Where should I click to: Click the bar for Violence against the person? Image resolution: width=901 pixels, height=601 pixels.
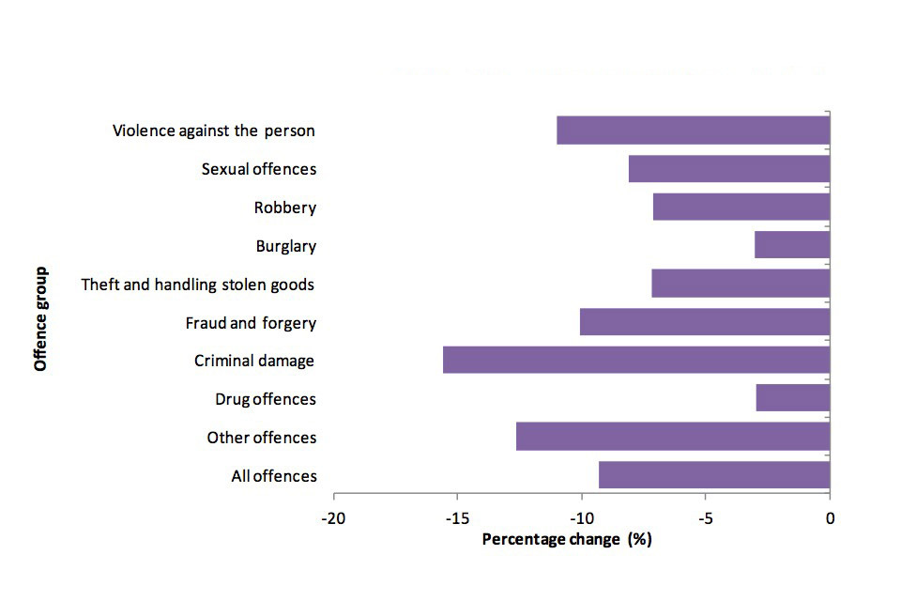[693, 131]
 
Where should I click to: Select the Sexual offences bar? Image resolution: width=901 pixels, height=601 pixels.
[728, 169]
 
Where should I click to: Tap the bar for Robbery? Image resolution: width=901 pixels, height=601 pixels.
[741, 207]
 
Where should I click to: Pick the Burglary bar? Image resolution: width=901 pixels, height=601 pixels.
[791, 245]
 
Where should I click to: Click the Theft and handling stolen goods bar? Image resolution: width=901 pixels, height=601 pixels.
[740, 284]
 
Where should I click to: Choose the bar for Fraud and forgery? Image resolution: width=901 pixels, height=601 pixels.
[704, 322]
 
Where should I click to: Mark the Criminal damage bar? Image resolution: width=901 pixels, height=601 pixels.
[635, 360]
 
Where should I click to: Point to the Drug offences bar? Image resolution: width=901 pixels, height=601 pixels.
[792, 398]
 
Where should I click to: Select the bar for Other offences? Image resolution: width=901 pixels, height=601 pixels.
[672, 437]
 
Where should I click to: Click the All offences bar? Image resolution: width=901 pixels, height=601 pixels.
[713, 475]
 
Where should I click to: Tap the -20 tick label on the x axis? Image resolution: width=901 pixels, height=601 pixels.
[332, 518]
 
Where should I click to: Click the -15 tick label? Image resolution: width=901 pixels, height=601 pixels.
[457, 518]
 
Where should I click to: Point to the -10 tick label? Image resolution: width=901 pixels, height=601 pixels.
[581, 518]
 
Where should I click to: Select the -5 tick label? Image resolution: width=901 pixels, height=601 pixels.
[705, 518]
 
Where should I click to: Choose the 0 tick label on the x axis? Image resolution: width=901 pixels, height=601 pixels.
[830, 518]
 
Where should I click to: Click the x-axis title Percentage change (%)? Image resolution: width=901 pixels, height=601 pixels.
[566, 539]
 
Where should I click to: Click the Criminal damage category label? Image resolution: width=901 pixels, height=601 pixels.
[254, 361]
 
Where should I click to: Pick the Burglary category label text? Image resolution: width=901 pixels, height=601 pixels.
[286, 246]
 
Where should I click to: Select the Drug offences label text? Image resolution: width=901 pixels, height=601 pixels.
[266, 399]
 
